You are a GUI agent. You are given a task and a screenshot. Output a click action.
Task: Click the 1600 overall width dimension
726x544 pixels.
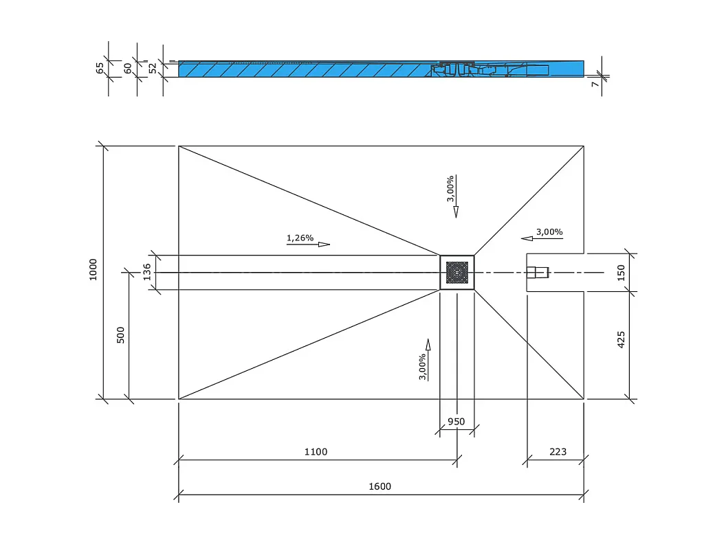379,486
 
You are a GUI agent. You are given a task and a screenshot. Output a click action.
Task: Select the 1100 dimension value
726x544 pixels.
316,452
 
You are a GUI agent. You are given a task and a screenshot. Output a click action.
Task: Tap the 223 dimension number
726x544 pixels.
558,452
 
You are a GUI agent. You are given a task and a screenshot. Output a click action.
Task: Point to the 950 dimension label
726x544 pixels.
456,422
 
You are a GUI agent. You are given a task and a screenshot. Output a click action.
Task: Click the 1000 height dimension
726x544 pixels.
93,269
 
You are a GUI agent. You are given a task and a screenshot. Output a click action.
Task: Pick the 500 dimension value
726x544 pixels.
121,335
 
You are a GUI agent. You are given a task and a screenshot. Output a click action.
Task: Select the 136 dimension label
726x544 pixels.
146,273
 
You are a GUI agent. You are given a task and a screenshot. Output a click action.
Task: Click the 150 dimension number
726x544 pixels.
621,273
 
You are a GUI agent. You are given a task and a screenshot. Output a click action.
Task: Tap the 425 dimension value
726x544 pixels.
621,339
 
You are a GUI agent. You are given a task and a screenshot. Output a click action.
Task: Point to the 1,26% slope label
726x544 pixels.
300,238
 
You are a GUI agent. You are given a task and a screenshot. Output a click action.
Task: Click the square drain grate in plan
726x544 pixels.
456,273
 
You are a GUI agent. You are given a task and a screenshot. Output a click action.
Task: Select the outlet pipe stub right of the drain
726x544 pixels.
538,273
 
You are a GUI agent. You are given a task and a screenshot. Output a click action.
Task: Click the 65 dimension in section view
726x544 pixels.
100,68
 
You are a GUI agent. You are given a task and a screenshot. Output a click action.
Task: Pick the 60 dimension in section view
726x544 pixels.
128,68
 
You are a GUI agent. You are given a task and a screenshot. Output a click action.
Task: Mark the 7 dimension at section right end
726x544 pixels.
595,83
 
